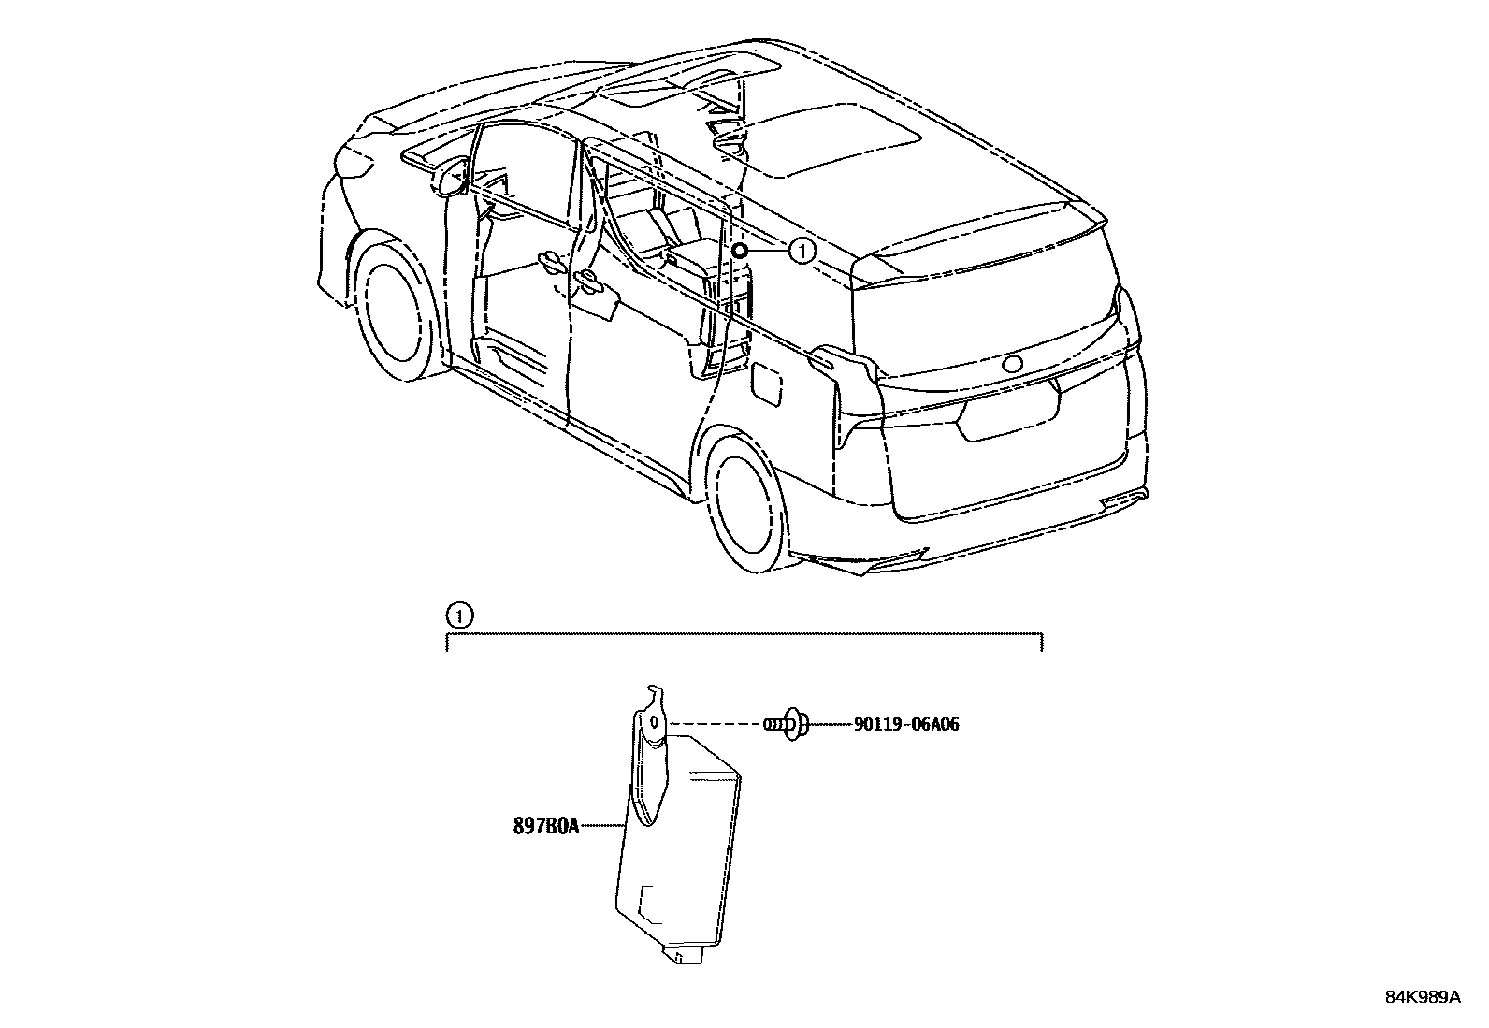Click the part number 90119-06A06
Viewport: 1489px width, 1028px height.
pyautogui.click(x=905, y=724)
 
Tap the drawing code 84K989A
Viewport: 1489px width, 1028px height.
pyautogui.click(x=1422, y=997)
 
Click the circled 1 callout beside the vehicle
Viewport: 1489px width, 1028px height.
pyautogui.click(x=802, y=251)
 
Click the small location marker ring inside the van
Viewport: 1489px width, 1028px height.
pyautogui.click(x=738, y=251)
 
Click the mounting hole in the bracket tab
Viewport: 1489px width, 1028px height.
pyautogui.click(x=656, y=721)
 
